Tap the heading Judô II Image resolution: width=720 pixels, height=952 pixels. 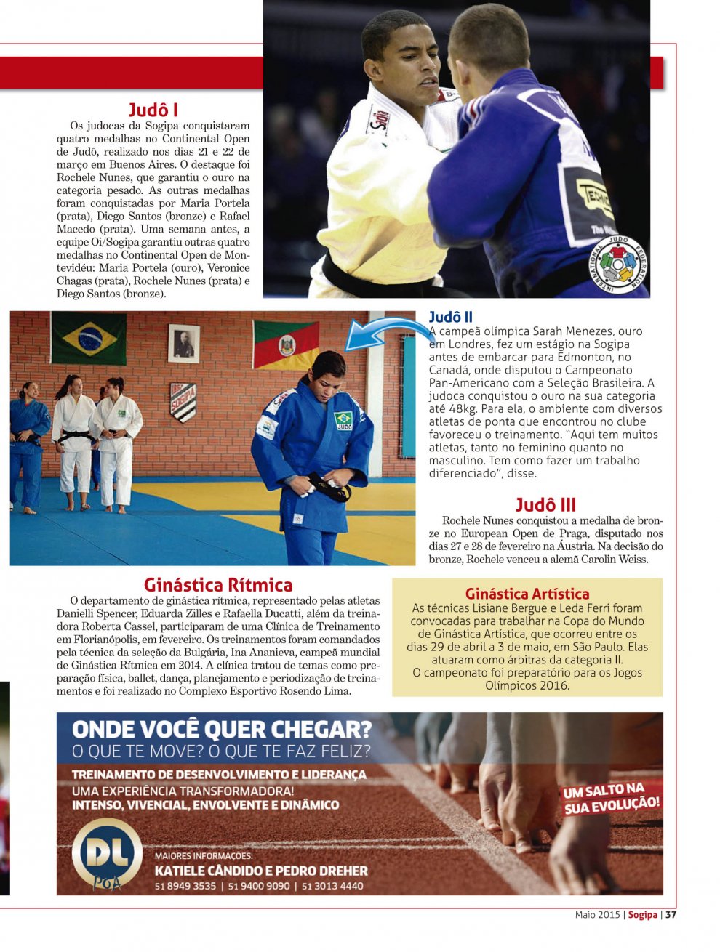point(450,317)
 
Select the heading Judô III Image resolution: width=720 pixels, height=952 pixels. point(545,504)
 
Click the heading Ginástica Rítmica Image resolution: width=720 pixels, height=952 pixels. point(218,585)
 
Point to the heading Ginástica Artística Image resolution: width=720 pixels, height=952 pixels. point(527,594)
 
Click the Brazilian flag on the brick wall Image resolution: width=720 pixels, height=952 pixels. point(89,339)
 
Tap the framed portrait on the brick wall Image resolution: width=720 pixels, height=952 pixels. point(184,343)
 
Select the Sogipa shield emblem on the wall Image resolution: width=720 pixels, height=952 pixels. point(183,402)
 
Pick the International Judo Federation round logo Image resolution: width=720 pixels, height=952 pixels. point(618,263)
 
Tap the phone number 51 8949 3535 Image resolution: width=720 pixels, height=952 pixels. point(185,886)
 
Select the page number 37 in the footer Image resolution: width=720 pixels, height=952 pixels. point(671,915)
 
